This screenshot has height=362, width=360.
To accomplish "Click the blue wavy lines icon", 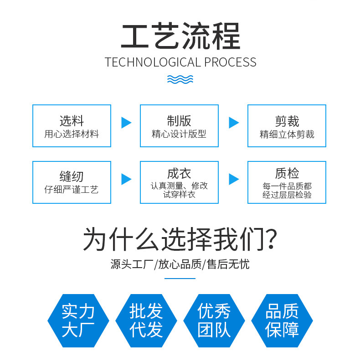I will [180, 79].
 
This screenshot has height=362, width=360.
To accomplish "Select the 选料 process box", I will [72, 126].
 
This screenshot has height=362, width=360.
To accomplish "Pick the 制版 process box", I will [179, 126].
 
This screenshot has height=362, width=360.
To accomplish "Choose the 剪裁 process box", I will [287, 126].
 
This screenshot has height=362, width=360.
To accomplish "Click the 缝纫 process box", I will [72, 182].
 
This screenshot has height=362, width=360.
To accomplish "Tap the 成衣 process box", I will [179, 182].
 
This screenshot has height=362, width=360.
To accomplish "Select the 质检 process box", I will [287, 182].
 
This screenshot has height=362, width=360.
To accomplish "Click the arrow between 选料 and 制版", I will [126, 123].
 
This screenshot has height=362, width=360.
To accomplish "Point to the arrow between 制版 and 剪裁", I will [234, 123].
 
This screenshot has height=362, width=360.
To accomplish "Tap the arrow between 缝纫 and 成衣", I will [126, 179].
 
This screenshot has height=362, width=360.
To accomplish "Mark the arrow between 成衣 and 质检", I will [234, 179].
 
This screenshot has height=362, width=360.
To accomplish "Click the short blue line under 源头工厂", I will [180, 278].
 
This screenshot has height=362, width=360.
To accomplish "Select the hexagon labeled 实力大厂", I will [78, 321].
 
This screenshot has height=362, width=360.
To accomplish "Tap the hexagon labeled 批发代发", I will [146, 321].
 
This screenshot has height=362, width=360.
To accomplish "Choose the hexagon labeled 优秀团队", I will [214, 321].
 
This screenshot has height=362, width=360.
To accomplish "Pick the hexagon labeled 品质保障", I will [282, 321].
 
